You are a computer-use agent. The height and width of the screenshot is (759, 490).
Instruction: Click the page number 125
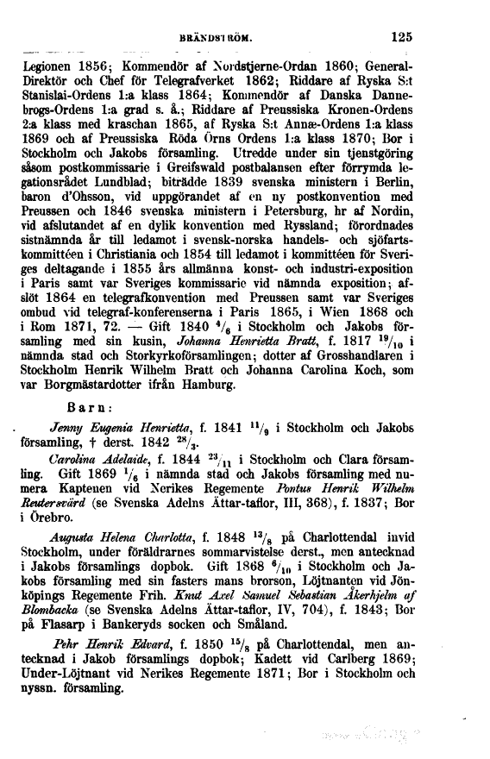[401, 37]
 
